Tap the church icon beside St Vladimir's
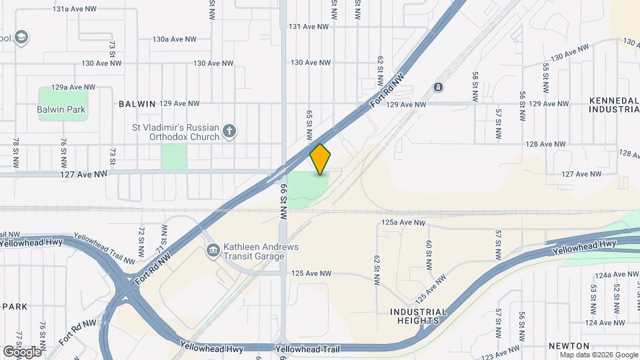(x=229, y=131)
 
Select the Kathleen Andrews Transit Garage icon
(x=213, y=251)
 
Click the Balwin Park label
(x=63, y=109)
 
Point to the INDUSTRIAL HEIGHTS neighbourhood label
(x=418, y=316)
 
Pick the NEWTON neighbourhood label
(x=569, y=346)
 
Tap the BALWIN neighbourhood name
(x=137, y=104)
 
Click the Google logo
(x=22, y=351)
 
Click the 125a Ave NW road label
(x=403, y=222)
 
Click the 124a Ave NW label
(x=616, y=275)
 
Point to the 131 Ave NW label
(x=309, y=27)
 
